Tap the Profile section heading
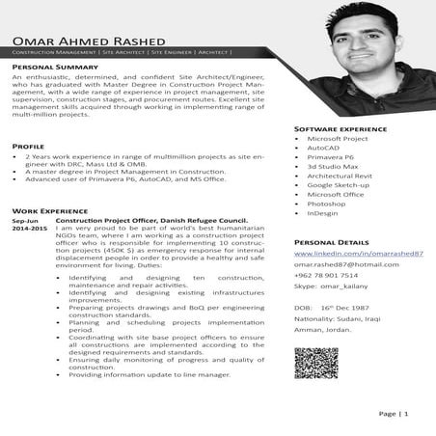click(28, 146)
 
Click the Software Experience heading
click(341, 128)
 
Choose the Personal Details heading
click(331, 242)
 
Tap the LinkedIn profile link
click(358, 253)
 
